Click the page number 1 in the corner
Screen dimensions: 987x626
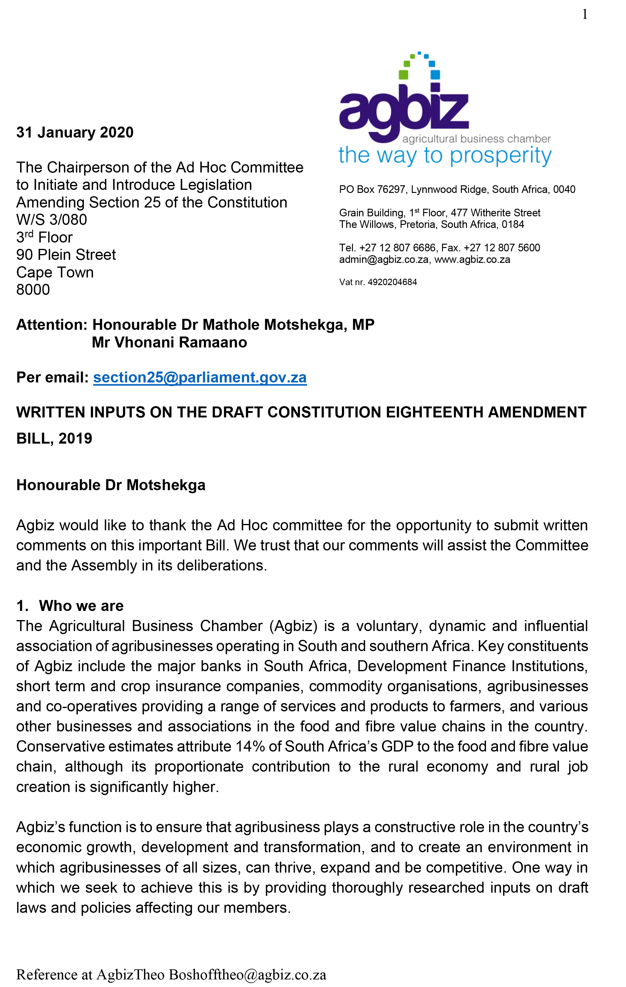[x=585, y=14]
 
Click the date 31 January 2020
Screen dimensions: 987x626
[x=75, y=132]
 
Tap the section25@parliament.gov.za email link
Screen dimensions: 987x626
[x=200, y=377]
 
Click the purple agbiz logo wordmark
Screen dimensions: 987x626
[x=404, y=109]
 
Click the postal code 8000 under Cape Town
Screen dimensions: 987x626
[x=33, y=290]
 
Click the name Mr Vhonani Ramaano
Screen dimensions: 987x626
[x=169, y=342]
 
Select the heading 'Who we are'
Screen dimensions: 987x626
[x=81, y=605]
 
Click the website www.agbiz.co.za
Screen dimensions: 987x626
[x=472, y=260]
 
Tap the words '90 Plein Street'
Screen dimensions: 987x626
[x=66, y=255]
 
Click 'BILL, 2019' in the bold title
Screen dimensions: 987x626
[x=54, y=438]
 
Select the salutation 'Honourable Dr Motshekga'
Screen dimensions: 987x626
[x=111, y=485]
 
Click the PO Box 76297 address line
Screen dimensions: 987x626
[x=457, y=189]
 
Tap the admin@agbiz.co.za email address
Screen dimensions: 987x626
[x=384, y=260]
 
